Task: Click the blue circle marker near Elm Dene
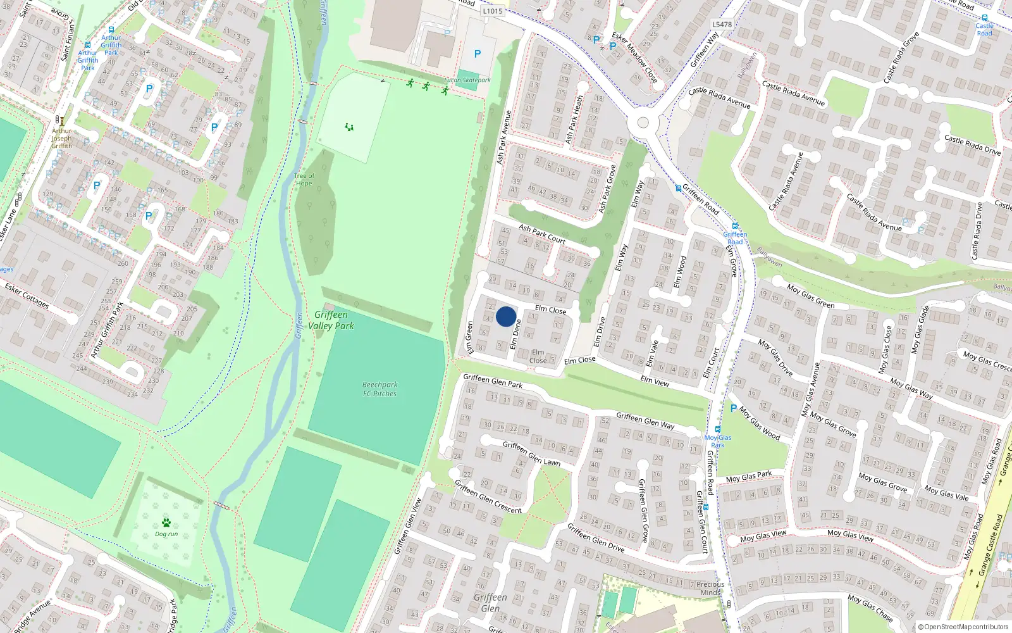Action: tap(506, 316)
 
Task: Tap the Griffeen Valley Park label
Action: tap(331, 320)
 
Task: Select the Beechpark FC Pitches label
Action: tap(379, 389)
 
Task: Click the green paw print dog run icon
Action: tap(166, 523)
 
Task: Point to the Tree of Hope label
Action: tap(304, 180)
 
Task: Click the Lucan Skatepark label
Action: tap(467, 80)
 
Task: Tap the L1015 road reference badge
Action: tap(492, 11)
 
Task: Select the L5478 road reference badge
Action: tap(722, 25)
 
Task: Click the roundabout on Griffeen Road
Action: tap(643, 122)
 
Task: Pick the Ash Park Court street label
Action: tap(542, 234)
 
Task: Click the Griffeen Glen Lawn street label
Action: tap(531, 453)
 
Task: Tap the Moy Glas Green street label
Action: tap(811, 296)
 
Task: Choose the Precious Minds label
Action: tap(710, 589)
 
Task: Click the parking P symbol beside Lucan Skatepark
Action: tap(478, 54)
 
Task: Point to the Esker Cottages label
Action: tap(27, 296)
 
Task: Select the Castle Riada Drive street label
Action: tap(972, 145)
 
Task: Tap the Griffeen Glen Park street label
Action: tap(493, 380)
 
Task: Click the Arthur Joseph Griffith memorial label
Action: tap(61, 139)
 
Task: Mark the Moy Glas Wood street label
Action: tap(760, 423)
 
